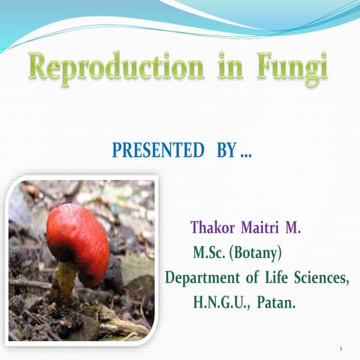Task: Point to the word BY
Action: click(226, 151)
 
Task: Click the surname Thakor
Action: click(214, 226)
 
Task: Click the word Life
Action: click(277, 277)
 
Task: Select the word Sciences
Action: click(322, 277)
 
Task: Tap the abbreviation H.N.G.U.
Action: click(222, 304)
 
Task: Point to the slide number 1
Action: click(340, 349)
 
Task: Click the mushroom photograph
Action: click(82, 259)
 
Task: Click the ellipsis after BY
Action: click(245, 153)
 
